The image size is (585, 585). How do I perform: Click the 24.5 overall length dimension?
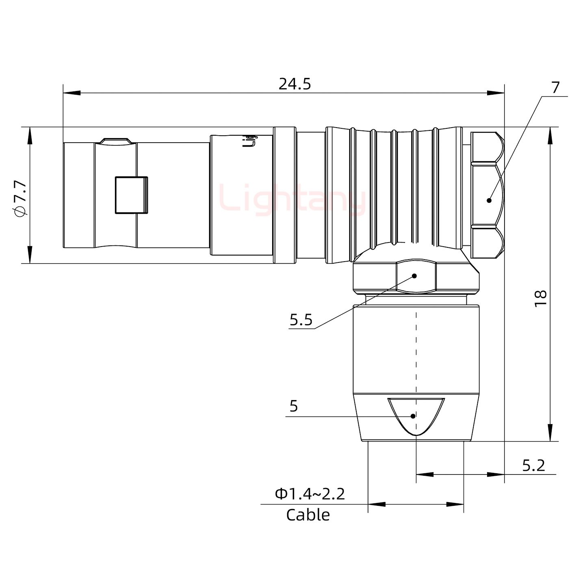(x=295, y=84)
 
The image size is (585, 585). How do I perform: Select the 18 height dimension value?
(x=540, y=299)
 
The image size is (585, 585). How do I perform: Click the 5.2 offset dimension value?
(x=533, y=465)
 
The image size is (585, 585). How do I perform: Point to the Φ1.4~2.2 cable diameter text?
(x=310, y=494)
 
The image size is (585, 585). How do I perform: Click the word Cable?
(x=308, y=515)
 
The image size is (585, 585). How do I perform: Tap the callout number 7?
(x=555, y=87)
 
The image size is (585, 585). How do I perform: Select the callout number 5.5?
(x=301, y=320)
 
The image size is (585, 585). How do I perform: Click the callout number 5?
(x=294, y=406)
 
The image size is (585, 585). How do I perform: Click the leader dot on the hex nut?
(x=489, y=200)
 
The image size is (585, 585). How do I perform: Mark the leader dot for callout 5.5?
(x=415, y=276)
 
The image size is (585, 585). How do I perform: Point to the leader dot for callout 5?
(x=413, y=416)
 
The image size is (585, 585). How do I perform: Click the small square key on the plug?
(x=131, y=195)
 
